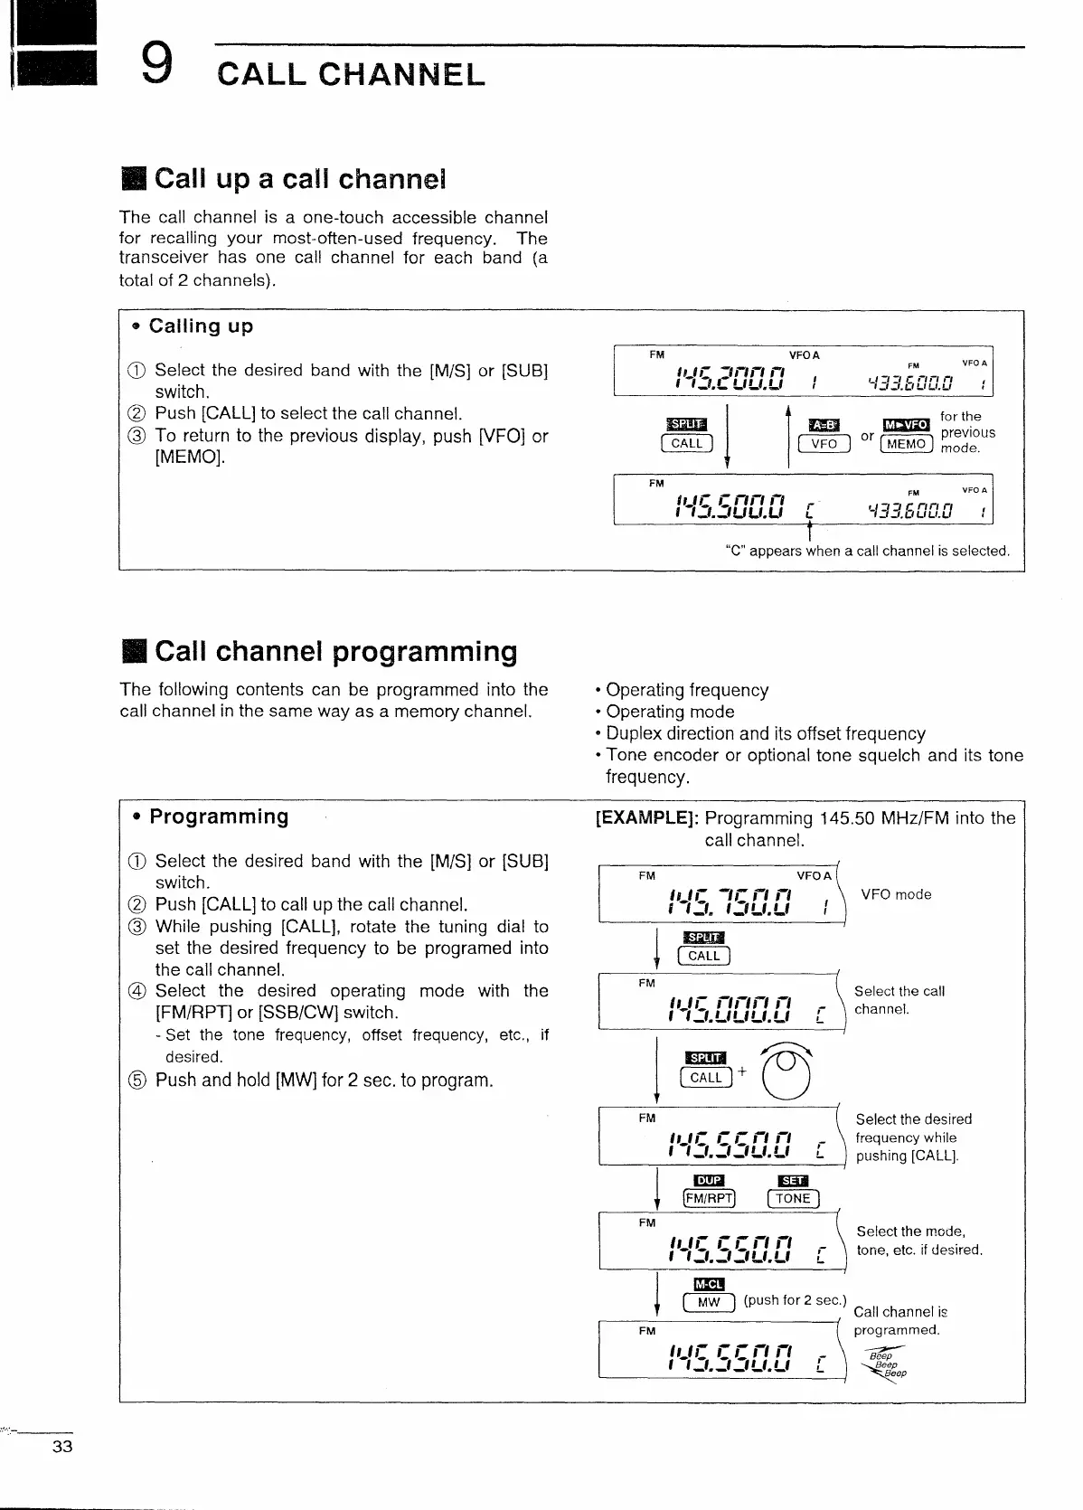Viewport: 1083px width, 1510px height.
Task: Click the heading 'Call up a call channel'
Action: [299, 179]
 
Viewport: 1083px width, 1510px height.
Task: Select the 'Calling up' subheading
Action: [201, 326]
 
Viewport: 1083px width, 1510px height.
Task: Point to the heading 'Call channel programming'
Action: [335, 651]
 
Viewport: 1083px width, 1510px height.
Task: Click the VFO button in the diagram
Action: [824, 444]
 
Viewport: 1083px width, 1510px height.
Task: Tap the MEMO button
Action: [907, 444]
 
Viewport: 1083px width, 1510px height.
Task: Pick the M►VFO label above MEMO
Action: [906, 425]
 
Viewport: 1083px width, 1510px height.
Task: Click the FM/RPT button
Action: [710, 1199]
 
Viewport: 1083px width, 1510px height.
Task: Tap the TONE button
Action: [792, 1199]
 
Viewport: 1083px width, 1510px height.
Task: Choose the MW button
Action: [709, 1302]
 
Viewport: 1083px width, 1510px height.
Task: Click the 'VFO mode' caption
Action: [896, 894]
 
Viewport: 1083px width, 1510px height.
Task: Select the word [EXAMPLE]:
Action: [646, 818]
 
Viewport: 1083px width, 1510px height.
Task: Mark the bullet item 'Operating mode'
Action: [670, 712]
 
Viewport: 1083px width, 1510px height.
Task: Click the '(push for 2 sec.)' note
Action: [794, 1300]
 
